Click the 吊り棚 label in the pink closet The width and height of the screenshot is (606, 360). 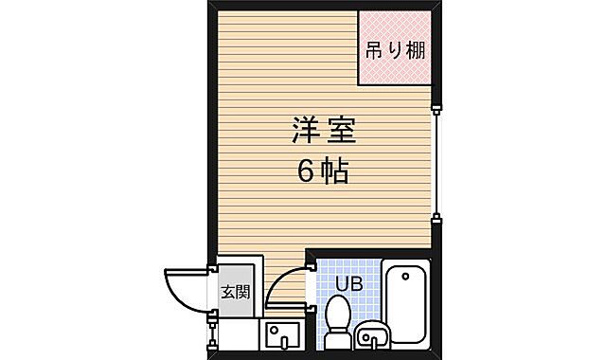pos(392,50)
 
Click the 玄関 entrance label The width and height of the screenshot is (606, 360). pos(235,291)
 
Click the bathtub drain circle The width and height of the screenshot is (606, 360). pos(406,278)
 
